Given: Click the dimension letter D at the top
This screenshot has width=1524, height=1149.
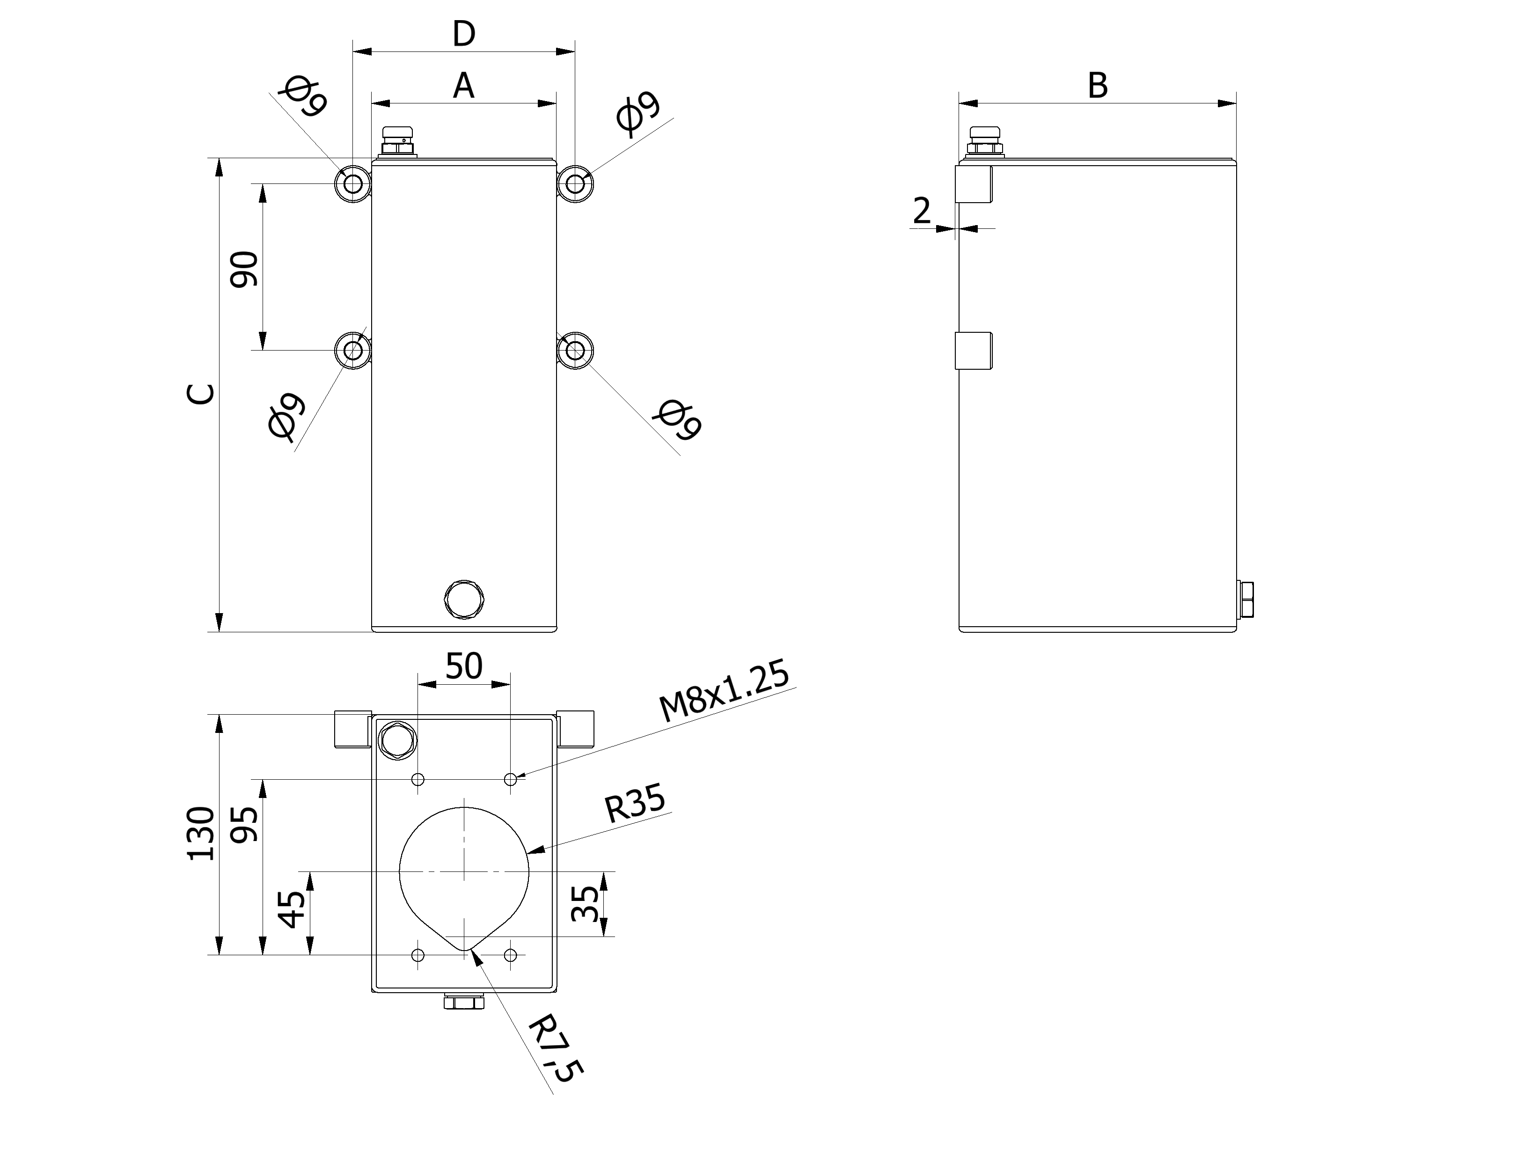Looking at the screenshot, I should point(464,34).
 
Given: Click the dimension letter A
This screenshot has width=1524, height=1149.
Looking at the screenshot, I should point(464,87).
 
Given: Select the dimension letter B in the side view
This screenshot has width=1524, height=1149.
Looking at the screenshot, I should point(1098,87).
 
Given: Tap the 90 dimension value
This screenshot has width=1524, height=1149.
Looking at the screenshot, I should point(244,269).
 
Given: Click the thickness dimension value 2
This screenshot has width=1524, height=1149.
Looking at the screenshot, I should point(921,210).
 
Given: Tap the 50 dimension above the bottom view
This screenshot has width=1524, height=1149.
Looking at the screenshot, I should point(464,666).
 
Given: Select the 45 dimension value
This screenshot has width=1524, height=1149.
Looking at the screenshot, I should point(291,909).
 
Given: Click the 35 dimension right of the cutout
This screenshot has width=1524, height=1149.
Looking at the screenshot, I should point(586,904).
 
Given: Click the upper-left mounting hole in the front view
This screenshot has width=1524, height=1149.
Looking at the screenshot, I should point(353,184).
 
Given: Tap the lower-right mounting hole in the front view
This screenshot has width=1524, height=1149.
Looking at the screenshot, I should point(575,351).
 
